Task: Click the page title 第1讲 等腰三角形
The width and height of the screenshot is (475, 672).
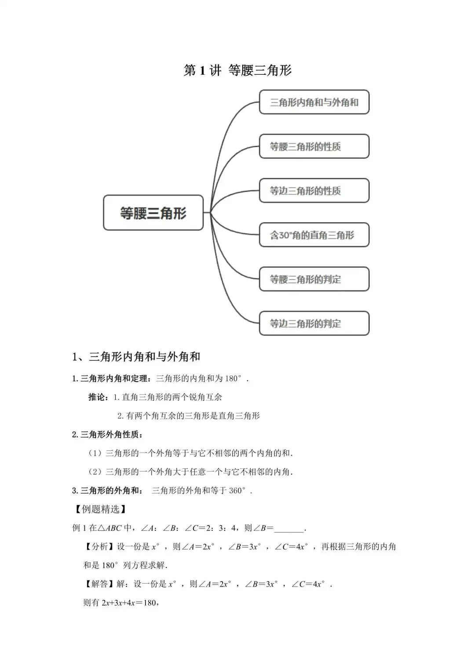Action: point(237,70)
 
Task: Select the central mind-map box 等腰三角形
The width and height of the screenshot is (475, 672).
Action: point(153,213)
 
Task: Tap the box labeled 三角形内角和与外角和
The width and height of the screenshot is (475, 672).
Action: point(314,102)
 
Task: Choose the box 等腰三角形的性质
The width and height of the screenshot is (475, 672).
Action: point(314,146)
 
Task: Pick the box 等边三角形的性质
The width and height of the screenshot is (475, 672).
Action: point(314,191)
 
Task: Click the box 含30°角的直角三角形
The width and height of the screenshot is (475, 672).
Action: point(314,235)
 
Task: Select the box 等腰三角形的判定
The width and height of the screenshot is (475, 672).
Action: point(314,279)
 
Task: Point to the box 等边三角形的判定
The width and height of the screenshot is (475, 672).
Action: point(314,324)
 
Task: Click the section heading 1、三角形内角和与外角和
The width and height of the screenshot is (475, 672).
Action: point(136,357)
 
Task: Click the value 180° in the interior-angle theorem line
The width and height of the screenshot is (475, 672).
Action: point(234,379)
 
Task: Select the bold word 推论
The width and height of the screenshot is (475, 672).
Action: point(97,397)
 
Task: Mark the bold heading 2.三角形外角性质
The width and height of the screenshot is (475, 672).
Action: point(107,435)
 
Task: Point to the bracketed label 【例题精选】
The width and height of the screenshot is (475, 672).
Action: point(101,509)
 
